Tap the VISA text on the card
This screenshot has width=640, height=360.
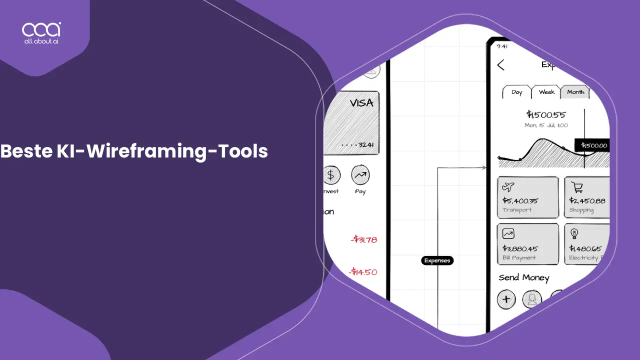361,103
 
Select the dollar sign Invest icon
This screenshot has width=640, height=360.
330,175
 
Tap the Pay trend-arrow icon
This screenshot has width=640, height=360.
360,175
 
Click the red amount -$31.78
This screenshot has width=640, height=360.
363,239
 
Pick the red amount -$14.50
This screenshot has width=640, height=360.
363,272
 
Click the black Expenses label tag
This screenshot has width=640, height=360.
437,260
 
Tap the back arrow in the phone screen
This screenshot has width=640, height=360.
500,65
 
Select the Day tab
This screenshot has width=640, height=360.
516,92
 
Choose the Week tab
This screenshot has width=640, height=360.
546,92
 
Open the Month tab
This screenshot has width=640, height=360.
575,92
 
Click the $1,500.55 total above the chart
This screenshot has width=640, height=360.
546,114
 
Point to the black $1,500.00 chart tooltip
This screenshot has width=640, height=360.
593,145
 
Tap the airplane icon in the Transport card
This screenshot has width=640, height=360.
508,187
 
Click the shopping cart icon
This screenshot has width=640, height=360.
577,187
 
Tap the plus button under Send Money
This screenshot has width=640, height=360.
506,299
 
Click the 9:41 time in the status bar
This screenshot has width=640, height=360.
502,46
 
